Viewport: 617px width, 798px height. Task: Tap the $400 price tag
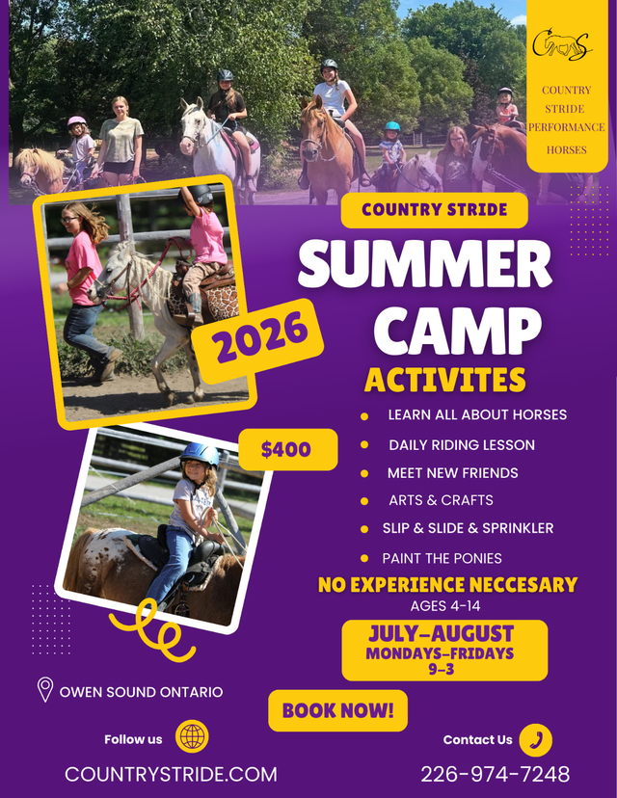tap(287, 449)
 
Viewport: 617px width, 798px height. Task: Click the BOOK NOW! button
tap(337, 711)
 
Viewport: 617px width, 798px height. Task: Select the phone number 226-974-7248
tap(495, 774)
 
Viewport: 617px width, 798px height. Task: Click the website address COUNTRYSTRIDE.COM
tap(171, 774)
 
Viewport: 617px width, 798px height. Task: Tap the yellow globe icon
tap(193, 738)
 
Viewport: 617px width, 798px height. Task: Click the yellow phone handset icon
tap(536, 739)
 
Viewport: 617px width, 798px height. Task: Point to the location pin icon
tap(44, 690)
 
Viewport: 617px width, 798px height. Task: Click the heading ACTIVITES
tap(444, 380)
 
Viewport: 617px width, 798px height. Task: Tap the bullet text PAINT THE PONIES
tap(442, 558)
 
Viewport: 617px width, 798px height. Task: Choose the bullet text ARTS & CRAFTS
tap(441, 500)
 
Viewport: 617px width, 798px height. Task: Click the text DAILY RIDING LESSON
tap(462, 444)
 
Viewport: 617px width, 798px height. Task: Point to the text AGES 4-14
tap(445, 605)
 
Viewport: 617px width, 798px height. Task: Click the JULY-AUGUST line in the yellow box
tap(442, 633)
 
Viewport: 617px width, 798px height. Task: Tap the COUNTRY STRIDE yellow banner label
tap(434, 209)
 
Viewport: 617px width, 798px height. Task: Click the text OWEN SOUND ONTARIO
tap(141, 691)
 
